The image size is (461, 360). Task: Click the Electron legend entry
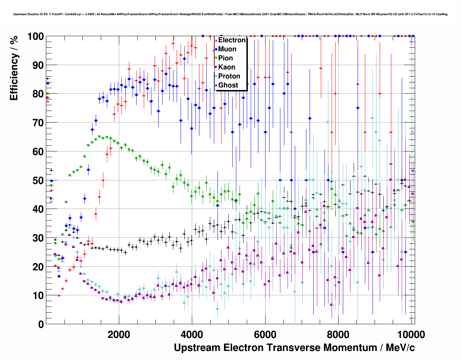[x=232, y=40]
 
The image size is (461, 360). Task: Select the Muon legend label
[x=227, y=49]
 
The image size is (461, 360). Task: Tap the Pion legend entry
[x=225, y=58]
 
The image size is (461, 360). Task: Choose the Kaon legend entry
[x=227, y=67]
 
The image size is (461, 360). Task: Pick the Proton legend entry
[x=229, y=76]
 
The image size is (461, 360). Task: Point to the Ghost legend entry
[x=228, y=85]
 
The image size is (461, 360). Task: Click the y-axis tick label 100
[x=35, y=37]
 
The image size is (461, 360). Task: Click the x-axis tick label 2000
[x=119, y=335]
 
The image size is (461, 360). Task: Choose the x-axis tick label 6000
[x=265, y=335]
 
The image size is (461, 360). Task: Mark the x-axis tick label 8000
[x=339, y=335]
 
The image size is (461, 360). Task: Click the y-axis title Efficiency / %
[x=14, y=68]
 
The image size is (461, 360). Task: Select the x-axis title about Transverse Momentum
[x=294, y=348]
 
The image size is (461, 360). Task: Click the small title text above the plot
[x=231, y=14]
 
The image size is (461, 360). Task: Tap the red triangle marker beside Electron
[x=216, y=40]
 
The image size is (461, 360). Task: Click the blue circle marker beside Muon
[x=216, y=49]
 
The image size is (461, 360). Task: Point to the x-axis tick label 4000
[x=192, y=335]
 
